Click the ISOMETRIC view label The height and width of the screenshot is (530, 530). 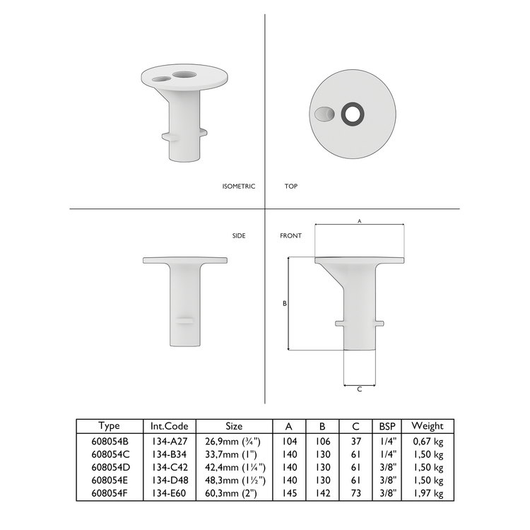[x=238, y=187]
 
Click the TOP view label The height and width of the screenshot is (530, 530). [x=290, y=187]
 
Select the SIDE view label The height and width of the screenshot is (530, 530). [x=239, y=235]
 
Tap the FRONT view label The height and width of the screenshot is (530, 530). [x=290, y=235]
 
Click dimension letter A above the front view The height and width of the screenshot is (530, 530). [x=359, y=221]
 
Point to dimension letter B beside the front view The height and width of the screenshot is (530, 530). [x=284, y=303]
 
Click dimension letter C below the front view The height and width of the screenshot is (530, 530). [x=359, y=389]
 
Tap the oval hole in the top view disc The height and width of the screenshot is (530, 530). [x=323, y=114]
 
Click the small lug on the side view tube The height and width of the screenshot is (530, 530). [x=186, y=321]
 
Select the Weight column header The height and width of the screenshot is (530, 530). [x=427, y=426]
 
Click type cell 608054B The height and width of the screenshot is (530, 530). [x=110, y=441]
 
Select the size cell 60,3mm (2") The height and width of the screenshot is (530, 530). [x=234, y=493]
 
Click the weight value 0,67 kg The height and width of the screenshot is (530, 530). [x=428, y=441]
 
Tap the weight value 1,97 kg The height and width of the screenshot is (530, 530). [x=428, y=493]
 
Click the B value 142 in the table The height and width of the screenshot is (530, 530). [x=322, y=493]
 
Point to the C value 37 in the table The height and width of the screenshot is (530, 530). [x=355, y=441]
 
